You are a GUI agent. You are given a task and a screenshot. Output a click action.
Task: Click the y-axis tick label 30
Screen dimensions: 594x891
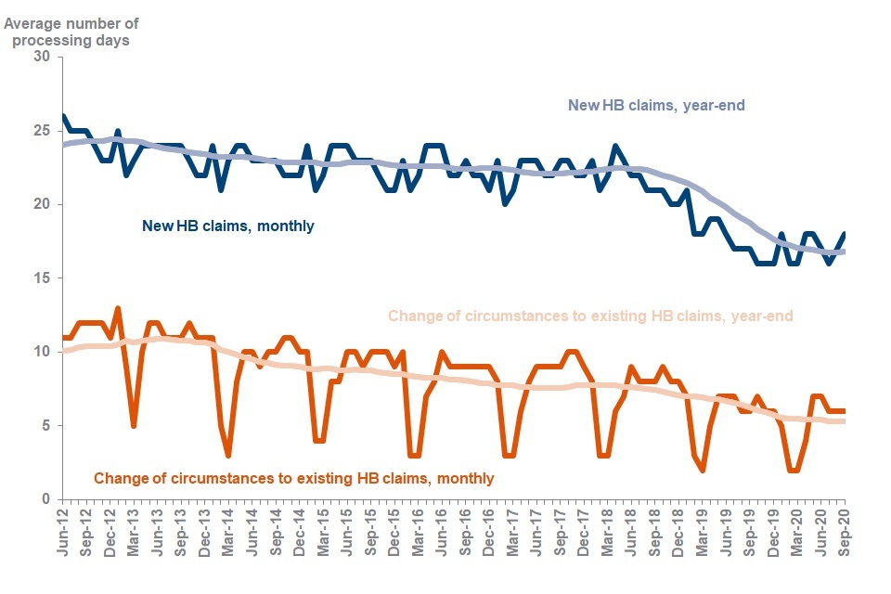41,58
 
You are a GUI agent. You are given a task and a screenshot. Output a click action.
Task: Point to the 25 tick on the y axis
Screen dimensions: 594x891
41,131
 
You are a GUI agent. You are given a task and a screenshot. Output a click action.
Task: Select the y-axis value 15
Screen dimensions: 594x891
41,278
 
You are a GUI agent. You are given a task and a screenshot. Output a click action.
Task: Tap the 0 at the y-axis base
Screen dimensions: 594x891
45,499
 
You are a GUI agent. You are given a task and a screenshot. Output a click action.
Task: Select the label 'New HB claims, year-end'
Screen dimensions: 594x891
657,106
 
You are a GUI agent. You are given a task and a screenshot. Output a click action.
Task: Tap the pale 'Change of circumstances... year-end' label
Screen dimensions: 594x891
590,316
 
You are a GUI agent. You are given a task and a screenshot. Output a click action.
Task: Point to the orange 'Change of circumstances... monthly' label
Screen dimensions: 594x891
293,479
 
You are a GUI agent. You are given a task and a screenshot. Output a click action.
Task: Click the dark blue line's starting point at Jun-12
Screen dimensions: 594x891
62,117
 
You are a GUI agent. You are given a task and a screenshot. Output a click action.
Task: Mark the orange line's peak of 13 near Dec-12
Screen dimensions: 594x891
118,308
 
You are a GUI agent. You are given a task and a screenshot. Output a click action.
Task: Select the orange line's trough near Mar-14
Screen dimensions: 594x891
228,455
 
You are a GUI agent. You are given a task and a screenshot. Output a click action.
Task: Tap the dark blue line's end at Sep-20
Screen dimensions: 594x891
845,234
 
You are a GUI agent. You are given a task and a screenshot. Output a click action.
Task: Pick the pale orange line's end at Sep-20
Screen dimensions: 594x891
845,421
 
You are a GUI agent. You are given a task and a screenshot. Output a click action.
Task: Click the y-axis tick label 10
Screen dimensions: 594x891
41,352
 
